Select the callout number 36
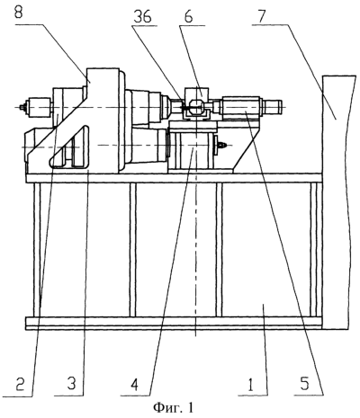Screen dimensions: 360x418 (143, 17)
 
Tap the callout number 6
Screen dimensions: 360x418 (188, 17)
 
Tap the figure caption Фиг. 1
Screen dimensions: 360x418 (173, 407)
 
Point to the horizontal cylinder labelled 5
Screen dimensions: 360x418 (240, 105)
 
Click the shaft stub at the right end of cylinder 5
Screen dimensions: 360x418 (273, 105)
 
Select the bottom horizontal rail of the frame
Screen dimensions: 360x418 (174, 324)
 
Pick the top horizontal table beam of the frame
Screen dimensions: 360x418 (174, 178)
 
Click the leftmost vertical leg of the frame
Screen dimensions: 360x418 (37, 250)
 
